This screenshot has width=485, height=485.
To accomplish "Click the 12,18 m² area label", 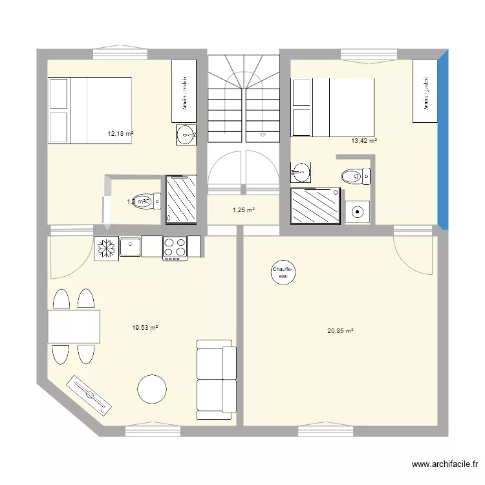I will tap(120, 134).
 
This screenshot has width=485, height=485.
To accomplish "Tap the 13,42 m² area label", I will tap(363, 140).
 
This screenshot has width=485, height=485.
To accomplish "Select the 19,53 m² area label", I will tap(145, 328).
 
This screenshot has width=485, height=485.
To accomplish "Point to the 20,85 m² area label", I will tap(340, 331).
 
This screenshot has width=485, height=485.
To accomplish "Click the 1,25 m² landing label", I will tap(243, 210).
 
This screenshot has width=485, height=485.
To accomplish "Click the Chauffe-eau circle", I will tap(283, 273).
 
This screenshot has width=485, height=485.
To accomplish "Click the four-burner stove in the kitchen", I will tap(175, 248).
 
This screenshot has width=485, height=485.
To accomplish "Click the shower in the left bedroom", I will tap(180, 200).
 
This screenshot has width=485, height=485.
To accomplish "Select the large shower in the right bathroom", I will tap(316, 206).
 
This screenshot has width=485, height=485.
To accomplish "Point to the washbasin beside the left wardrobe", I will tap(186, 135).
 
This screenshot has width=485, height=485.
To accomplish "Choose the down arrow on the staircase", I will tap(262, 135).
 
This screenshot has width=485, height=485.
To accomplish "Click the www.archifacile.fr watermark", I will tap(446, 464).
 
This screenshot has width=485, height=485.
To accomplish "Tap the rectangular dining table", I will tap(74, 327).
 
